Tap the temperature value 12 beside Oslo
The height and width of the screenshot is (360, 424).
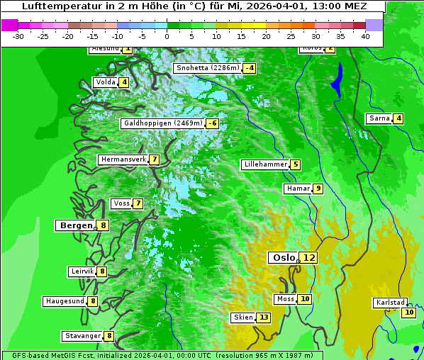pyautogui.click(x=308, y=258)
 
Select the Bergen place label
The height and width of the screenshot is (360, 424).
pyautogui.click(x=77, y=225)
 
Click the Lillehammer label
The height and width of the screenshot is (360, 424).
pyautogui.click(x=265, y=164)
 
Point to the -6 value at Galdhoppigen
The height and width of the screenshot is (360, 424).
pyautogui.click(x=212, y=123)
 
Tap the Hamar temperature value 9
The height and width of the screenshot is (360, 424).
pyautogui.click(x=318, y=189)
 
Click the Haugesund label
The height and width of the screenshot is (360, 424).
pyautogui.click(x=65, y=301)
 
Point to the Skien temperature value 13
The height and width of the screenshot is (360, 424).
pyautogui.click(x=264, y=317)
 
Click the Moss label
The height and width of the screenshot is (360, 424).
pyautogui.click(x=285, y=299)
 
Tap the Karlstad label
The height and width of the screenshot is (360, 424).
pyautogui.click(x=391, y=303)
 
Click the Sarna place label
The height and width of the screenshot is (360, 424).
pyautogui.click(x=379, y=118)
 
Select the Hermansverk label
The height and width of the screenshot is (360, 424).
pyautogui.click(x=123, y=159)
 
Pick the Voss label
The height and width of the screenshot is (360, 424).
pyautogui.click(x=121, y=203)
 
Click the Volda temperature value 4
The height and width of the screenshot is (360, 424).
pyautogui.click(x=124, y=82)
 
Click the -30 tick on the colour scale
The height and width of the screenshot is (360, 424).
pyautogui.click(x=18, y=35)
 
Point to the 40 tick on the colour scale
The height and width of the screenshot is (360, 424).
pyautogui.click(x=365, y=35)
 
